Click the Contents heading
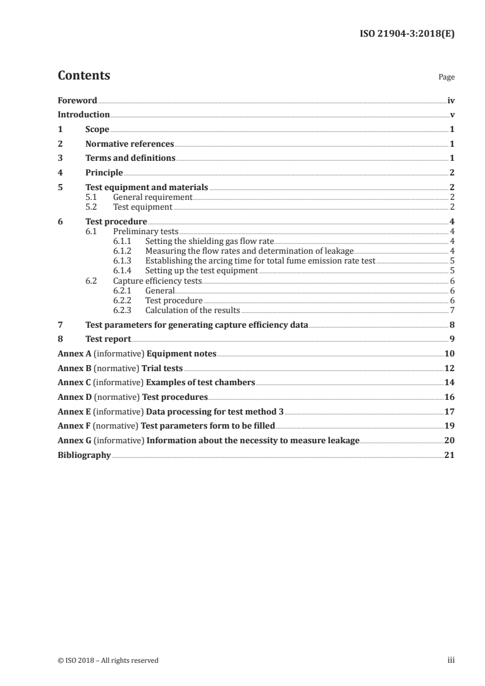(x=84, y=76)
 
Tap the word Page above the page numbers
(x=446, y=78)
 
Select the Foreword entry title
(x=77, y=100)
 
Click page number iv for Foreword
(x=451, y=100)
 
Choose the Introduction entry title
(x=84, y=115)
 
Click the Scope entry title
(x=97, y=130)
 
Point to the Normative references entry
(x=130, y=144)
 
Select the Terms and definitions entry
(x=130, y=158)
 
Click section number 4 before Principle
(x=60, y=173)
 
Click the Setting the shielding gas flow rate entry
(x=209, y=242)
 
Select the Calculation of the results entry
(x=192, y=310)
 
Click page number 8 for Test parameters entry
(x=452, y=325)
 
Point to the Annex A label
(x=72, y=354)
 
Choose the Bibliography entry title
(x=84, y=455)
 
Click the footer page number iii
(x=451, y=660)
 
